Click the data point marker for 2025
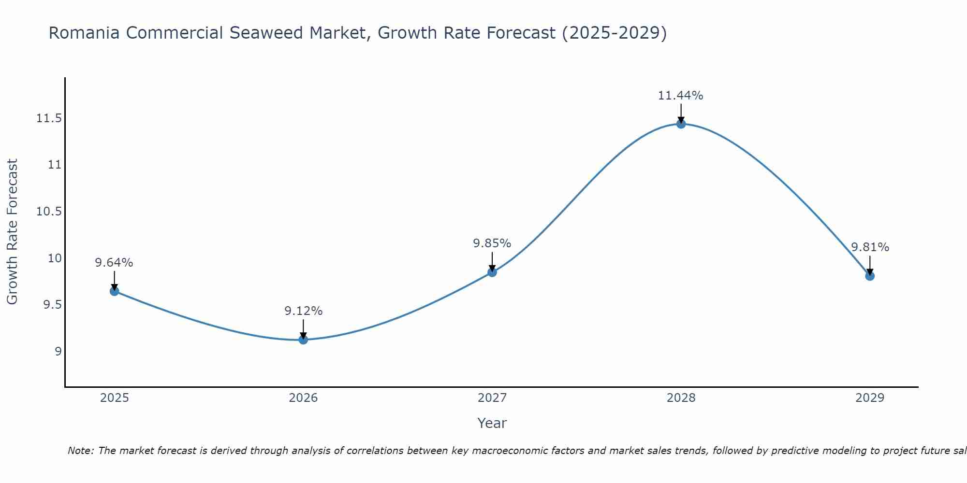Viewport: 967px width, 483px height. click(115, 291)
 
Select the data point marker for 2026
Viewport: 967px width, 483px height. click(303, 340)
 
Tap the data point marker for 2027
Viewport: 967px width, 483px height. click(492, 272)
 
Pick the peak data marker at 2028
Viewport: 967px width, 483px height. click(681, 124)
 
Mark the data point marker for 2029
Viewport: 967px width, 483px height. click(870, 276)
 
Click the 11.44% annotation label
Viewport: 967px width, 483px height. click(680, 96)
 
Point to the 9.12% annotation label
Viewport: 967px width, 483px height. click(303, 311)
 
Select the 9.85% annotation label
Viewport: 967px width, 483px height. click(492, 243)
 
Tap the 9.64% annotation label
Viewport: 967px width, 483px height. click(114, 263)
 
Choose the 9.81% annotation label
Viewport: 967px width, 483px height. click(870, 247)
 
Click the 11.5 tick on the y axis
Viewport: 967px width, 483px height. click(49, 118)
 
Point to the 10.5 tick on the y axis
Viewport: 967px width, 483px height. click(49, 212)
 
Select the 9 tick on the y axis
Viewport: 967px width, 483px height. click(59, 351)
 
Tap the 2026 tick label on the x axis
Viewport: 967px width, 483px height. click(303, 398)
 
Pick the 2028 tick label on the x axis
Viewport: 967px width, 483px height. click(681, 398)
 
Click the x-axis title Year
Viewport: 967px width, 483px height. click(492, 423)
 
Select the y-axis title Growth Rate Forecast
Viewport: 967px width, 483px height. click(12, 232)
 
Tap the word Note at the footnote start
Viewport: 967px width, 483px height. click(80, 451)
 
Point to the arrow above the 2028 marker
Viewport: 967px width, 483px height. click(681, 114)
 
